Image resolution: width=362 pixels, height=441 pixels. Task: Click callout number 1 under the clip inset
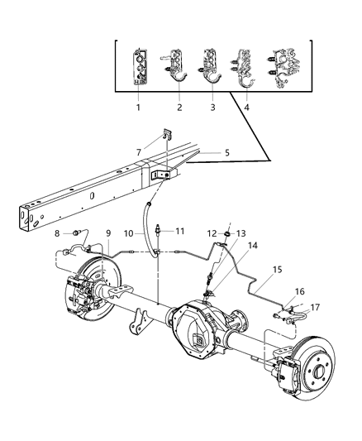click(x=138, y=107)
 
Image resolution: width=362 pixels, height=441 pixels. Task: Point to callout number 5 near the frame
click(x=204, y=151)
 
